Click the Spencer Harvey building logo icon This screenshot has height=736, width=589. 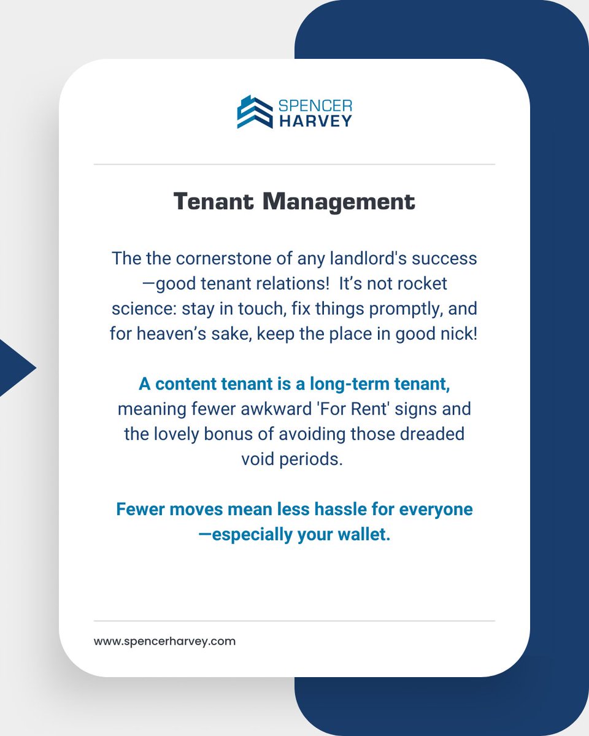[x=255, y=112]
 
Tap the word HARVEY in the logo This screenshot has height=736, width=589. [x=315, y=120]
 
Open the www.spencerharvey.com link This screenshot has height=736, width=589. [x=164, y=642]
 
